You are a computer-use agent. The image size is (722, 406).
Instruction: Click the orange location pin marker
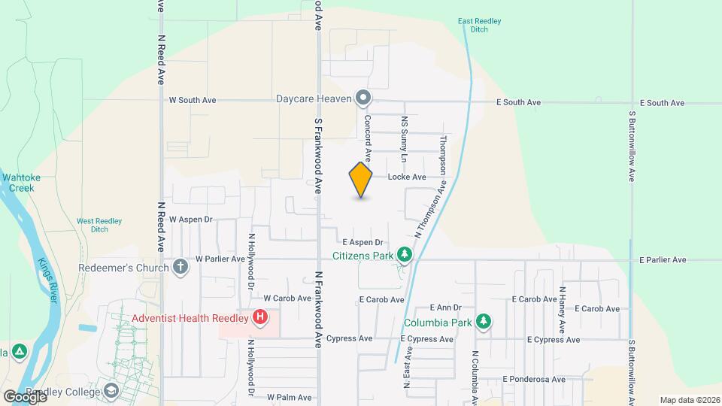click(x=361, y=181)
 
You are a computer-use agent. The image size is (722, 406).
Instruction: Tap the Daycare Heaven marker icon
click(x=363, y=98)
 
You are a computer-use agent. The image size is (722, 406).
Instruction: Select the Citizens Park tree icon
click(x=405, y=256)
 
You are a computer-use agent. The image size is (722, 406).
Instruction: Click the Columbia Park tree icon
click(x=484, y=323)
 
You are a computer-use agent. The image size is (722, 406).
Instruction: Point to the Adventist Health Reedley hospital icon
click(x=259, y=317)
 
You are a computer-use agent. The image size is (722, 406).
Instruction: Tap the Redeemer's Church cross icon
click(x=180, y=267)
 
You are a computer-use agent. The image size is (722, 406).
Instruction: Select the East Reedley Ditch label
click(x=473, y=25)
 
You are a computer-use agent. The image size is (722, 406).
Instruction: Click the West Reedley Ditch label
click(x=99, y=226)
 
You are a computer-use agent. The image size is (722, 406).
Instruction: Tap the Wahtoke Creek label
click(x=20, y=183)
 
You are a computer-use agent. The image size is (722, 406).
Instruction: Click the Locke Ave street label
click(x=407, y=177)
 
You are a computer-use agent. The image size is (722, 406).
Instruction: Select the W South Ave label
click(x=193, y=100)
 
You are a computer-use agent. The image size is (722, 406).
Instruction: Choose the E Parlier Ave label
click(x=663, y=260)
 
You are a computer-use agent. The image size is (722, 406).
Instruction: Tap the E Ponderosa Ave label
click(x=533, y=380)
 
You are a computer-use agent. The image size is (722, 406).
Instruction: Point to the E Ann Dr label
click(x=445, y=308)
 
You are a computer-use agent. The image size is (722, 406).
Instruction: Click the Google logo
click(x=25, y=396)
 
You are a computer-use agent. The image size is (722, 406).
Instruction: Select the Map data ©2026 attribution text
click(x=689, y=400)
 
